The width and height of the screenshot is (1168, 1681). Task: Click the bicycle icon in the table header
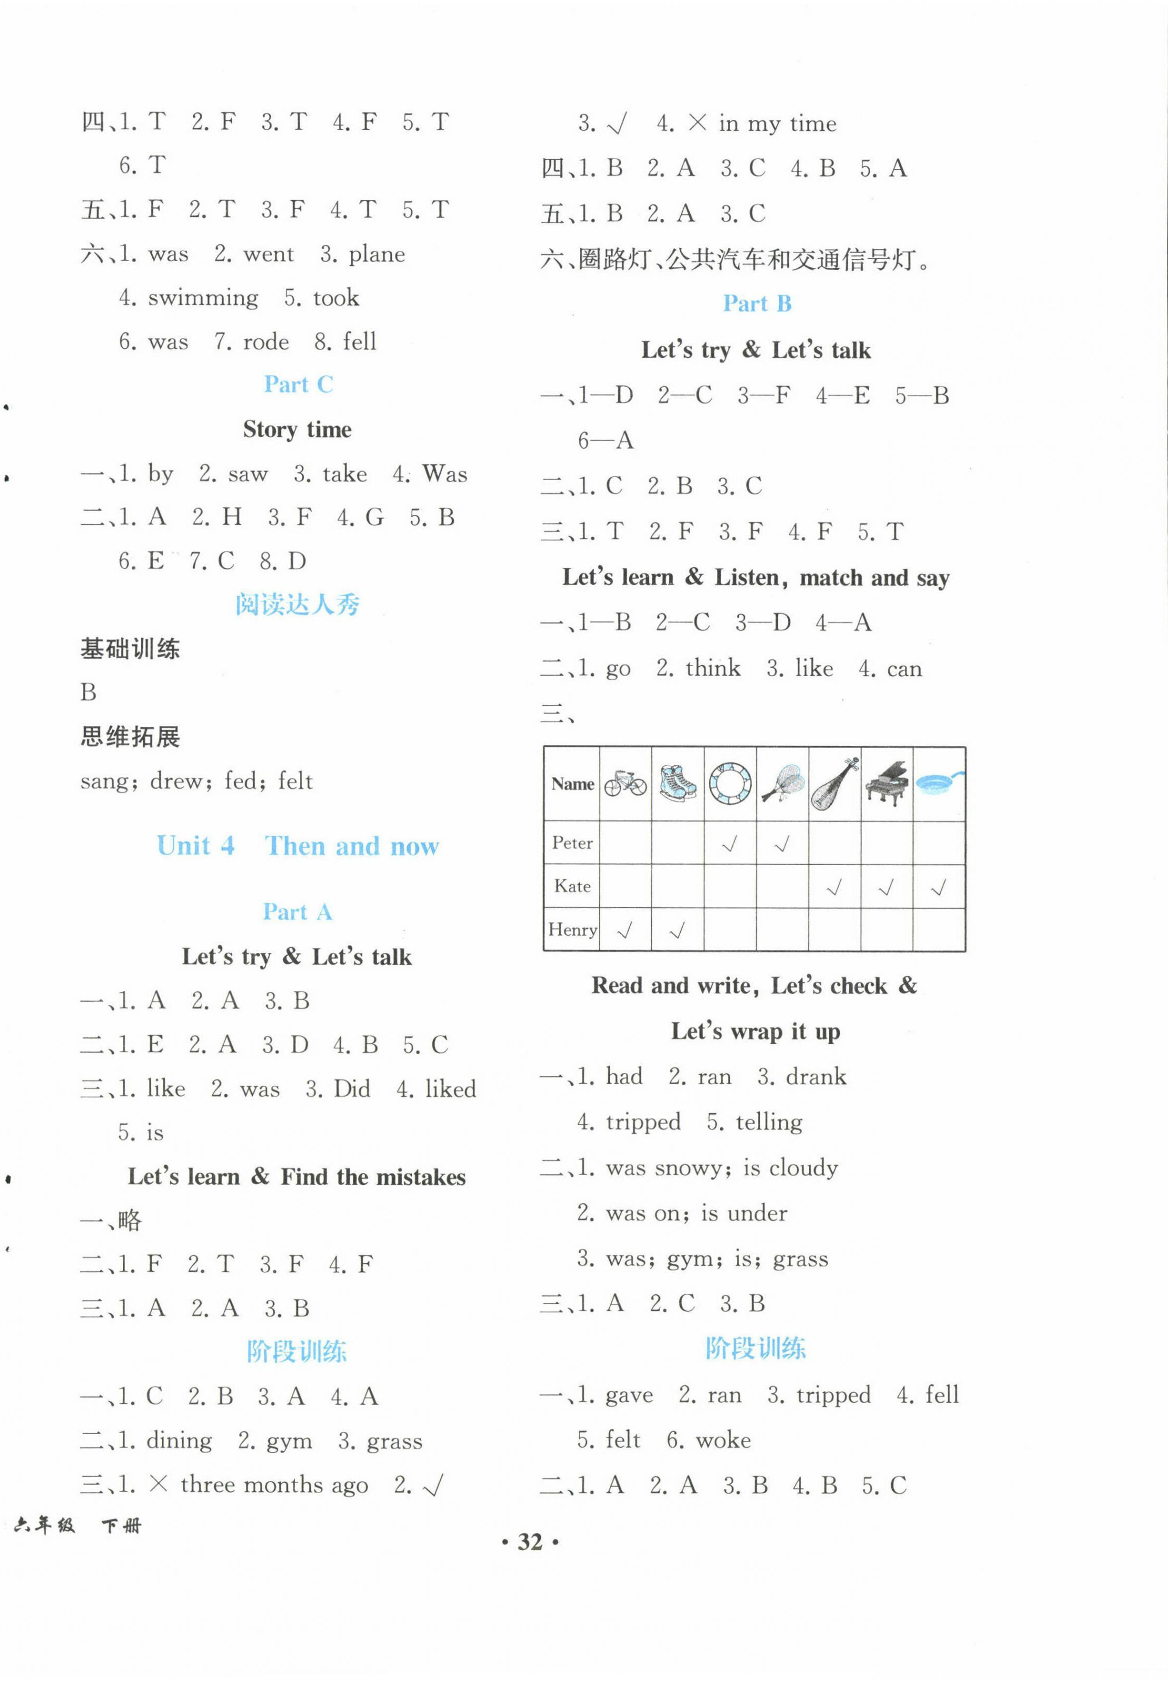point(625,784)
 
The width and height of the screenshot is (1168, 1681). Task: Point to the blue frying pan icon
point(939,784)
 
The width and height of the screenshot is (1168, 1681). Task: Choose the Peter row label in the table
point(572,843)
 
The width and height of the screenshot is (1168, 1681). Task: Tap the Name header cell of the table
point(572,784)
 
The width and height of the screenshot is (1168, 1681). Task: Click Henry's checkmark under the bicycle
point(625,931)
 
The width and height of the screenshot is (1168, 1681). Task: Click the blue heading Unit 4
point(195,846)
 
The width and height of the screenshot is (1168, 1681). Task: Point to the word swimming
point(203,298)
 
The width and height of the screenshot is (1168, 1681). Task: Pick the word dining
point(179,1440)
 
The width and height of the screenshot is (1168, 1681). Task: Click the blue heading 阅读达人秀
point(297,605)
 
